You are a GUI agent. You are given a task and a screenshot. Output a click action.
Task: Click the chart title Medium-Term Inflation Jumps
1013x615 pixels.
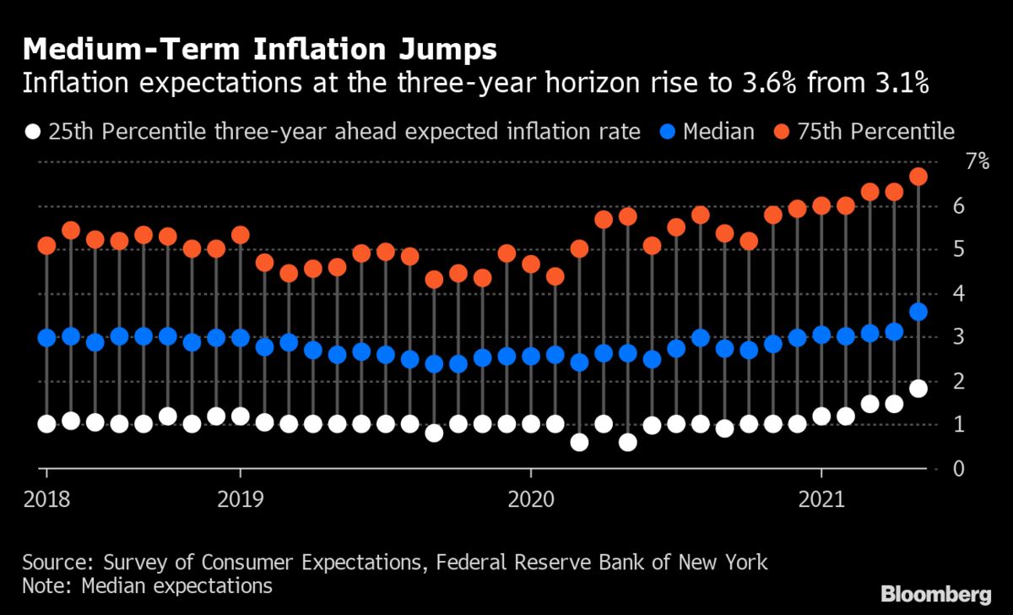point(260,50)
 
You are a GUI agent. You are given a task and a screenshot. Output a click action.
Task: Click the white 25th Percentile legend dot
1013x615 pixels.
point(33,132)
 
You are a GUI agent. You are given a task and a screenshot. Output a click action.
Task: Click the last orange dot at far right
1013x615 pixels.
point(918,177)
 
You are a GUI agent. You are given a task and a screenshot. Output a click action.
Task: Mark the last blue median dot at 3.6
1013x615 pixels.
point(918,312)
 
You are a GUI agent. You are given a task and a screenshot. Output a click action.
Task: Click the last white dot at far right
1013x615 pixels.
point(918,389)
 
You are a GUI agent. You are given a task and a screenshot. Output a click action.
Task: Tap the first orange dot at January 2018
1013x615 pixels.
point(46,246)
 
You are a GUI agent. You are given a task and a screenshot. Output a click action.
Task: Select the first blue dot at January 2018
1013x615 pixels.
point(46,338)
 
